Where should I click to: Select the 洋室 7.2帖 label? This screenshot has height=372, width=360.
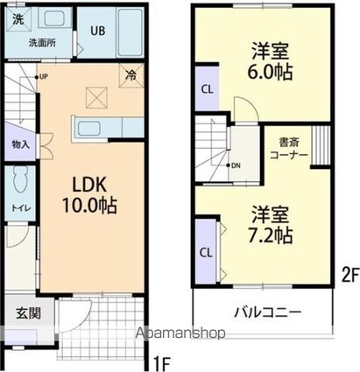coord(267,224)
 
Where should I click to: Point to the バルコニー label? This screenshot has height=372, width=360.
coord(267,312)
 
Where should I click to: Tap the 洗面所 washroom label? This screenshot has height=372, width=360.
coord(40,41)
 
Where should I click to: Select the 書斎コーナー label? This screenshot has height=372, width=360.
coord(288,147)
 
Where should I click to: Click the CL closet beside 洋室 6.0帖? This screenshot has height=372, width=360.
coord(207,88)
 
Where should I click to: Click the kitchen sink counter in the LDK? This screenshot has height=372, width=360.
coord(90,130)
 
